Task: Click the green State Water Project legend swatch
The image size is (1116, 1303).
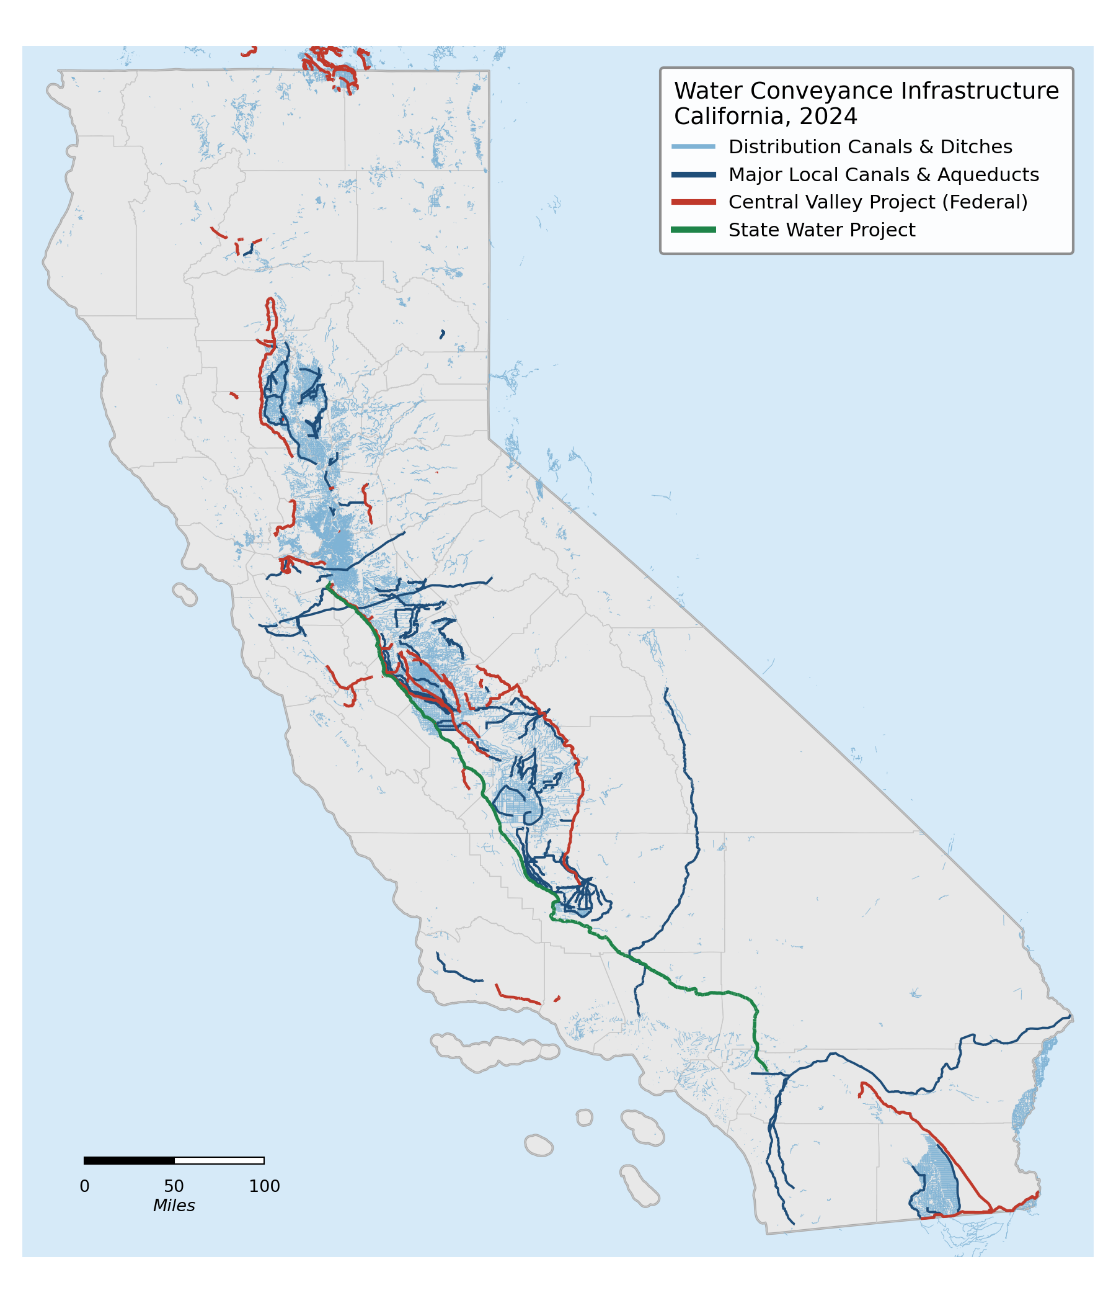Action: [x=693, y=230]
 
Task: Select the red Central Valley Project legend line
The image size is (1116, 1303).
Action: [x=693, y=202]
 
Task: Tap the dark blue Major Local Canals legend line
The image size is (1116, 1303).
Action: [x=693, y=174]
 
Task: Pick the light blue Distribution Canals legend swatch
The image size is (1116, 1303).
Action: [x=693, y=146]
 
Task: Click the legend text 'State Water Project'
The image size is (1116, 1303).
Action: [x=821, y=230]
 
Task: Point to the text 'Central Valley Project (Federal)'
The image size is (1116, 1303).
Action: [x=878, y=202]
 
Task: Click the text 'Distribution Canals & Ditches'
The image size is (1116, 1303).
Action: [x=870, y=146]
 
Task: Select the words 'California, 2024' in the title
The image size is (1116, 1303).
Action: [x=764, y=117]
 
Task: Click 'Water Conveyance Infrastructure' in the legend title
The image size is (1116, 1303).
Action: [x=866, y=91]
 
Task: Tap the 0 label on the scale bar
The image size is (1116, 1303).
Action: [x=84, y=1186]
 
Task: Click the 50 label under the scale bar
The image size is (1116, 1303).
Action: [x=174, y=1186]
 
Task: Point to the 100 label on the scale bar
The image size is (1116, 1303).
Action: [x=264, y=1186]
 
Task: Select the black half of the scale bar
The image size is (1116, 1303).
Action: [x=129, y=1160]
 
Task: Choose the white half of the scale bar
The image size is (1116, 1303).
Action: [x=219, y=1160]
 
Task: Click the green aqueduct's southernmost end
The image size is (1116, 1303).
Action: [x=766, y=1070]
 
